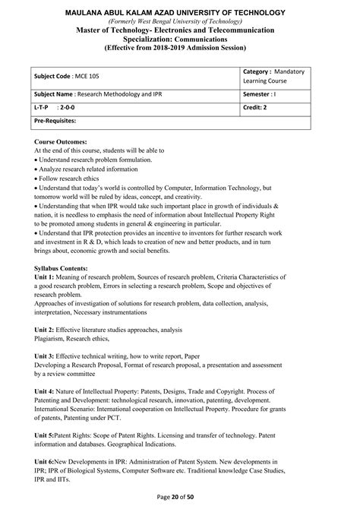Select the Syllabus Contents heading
tap(67, 269)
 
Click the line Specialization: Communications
tap(180, 39)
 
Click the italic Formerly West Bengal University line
tap(180, 21)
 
